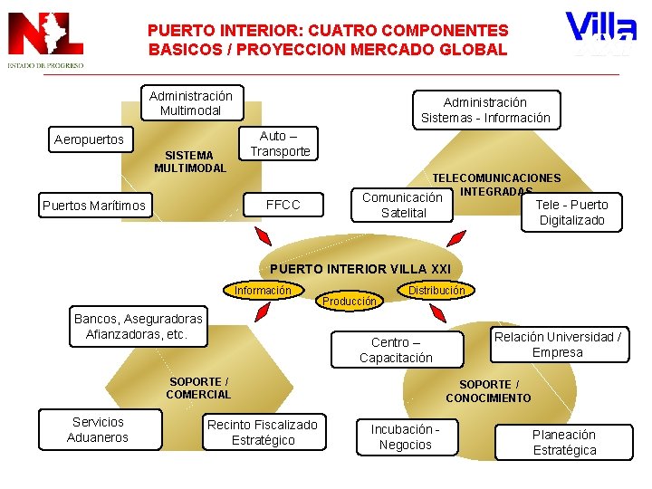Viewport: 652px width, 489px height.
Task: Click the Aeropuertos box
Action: pos(89,140)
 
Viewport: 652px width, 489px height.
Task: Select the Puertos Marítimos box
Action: pos(93,206)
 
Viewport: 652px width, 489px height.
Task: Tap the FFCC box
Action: pos(283,205)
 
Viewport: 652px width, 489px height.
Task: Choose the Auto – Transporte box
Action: pos(280,143)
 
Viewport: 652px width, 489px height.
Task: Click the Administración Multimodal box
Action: pos(190,103)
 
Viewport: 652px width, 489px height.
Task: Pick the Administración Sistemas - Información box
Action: pos(485,110)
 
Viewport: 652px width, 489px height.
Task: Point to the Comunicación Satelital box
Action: pos(402,205)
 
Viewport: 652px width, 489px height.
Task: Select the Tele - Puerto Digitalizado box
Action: pos(572,212)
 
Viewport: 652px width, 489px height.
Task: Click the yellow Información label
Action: pos(263,291)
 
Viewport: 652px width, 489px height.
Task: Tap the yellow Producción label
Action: pos(350,301)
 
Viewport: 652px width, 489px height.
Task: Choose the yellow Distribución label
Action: pos(436,291)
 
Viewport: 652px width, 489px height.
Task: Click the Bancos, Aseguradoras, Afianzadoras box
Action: pos(139,326)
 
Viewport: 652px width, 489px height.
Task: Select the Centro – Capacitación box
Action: pos(396,350)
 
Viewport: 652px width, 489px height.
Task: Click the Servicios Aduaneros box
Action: pos(99,429)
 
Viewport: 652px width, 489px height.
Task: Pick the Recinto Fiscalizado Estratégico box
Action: pos(263,432)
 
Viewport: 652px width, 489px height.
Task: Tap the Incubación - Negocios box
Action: pos(405,436)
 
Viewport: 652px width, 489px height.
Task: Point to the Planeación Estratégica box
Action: pos(564,442)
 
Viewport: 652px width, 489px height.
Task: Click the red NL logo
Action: pos(45,38)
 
